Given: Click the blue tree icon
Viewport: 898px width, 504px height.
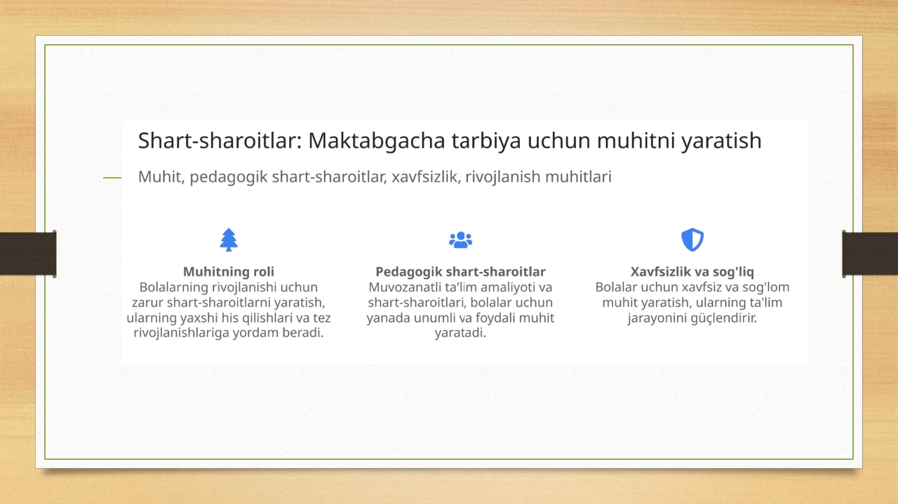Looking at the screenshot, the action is point(229,240).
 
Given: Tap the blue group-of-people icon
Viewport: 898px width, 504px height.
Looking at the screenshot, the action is point(460,240).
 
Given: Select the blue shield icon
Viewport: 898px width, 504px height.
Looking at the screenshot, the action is point(692,240).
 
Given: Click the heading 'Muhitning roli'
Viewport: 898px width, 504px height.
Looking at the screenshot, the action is point(229,272).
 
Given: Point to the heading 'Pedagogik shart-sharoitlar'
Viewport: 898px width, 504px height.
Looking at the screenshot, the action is point(460,272).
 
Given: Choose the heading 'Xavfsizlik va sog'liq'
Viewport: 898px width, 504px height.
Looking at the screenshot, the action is point(692,272).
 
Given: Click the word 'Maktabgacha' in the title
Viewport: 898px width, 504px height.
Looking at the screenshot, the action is point(377,142).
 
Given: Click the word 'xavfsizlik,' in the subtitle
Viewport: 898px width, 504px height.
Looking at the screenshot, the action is point(426,177).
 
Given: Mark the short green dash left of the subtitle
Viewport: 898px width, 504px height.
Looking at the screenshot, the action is point(112,177).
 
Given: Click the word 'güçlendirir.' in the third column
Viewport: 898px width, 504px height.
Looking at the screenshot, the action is point(692,318).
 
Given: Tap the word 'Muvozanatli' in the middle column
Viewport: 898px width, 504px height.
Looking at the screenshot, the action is point(405,287).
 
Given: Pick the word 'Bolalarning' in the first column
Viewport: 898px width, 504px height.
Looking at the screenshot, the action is point(173,287).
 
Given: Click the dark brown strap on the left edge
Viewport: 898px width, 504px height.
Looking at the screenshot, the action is point(28,254).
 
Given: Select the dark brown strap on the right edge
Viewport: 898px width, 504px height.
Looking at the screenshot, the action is point(870,254).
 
